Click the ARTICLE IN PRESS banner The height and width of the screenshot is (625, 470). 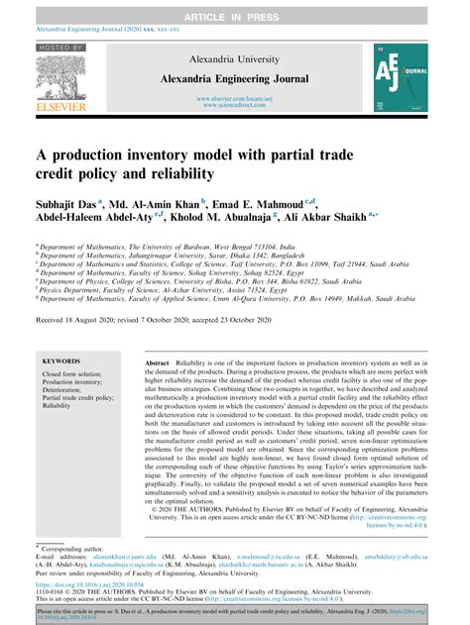pyautogui.click(x=234, y=9)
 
